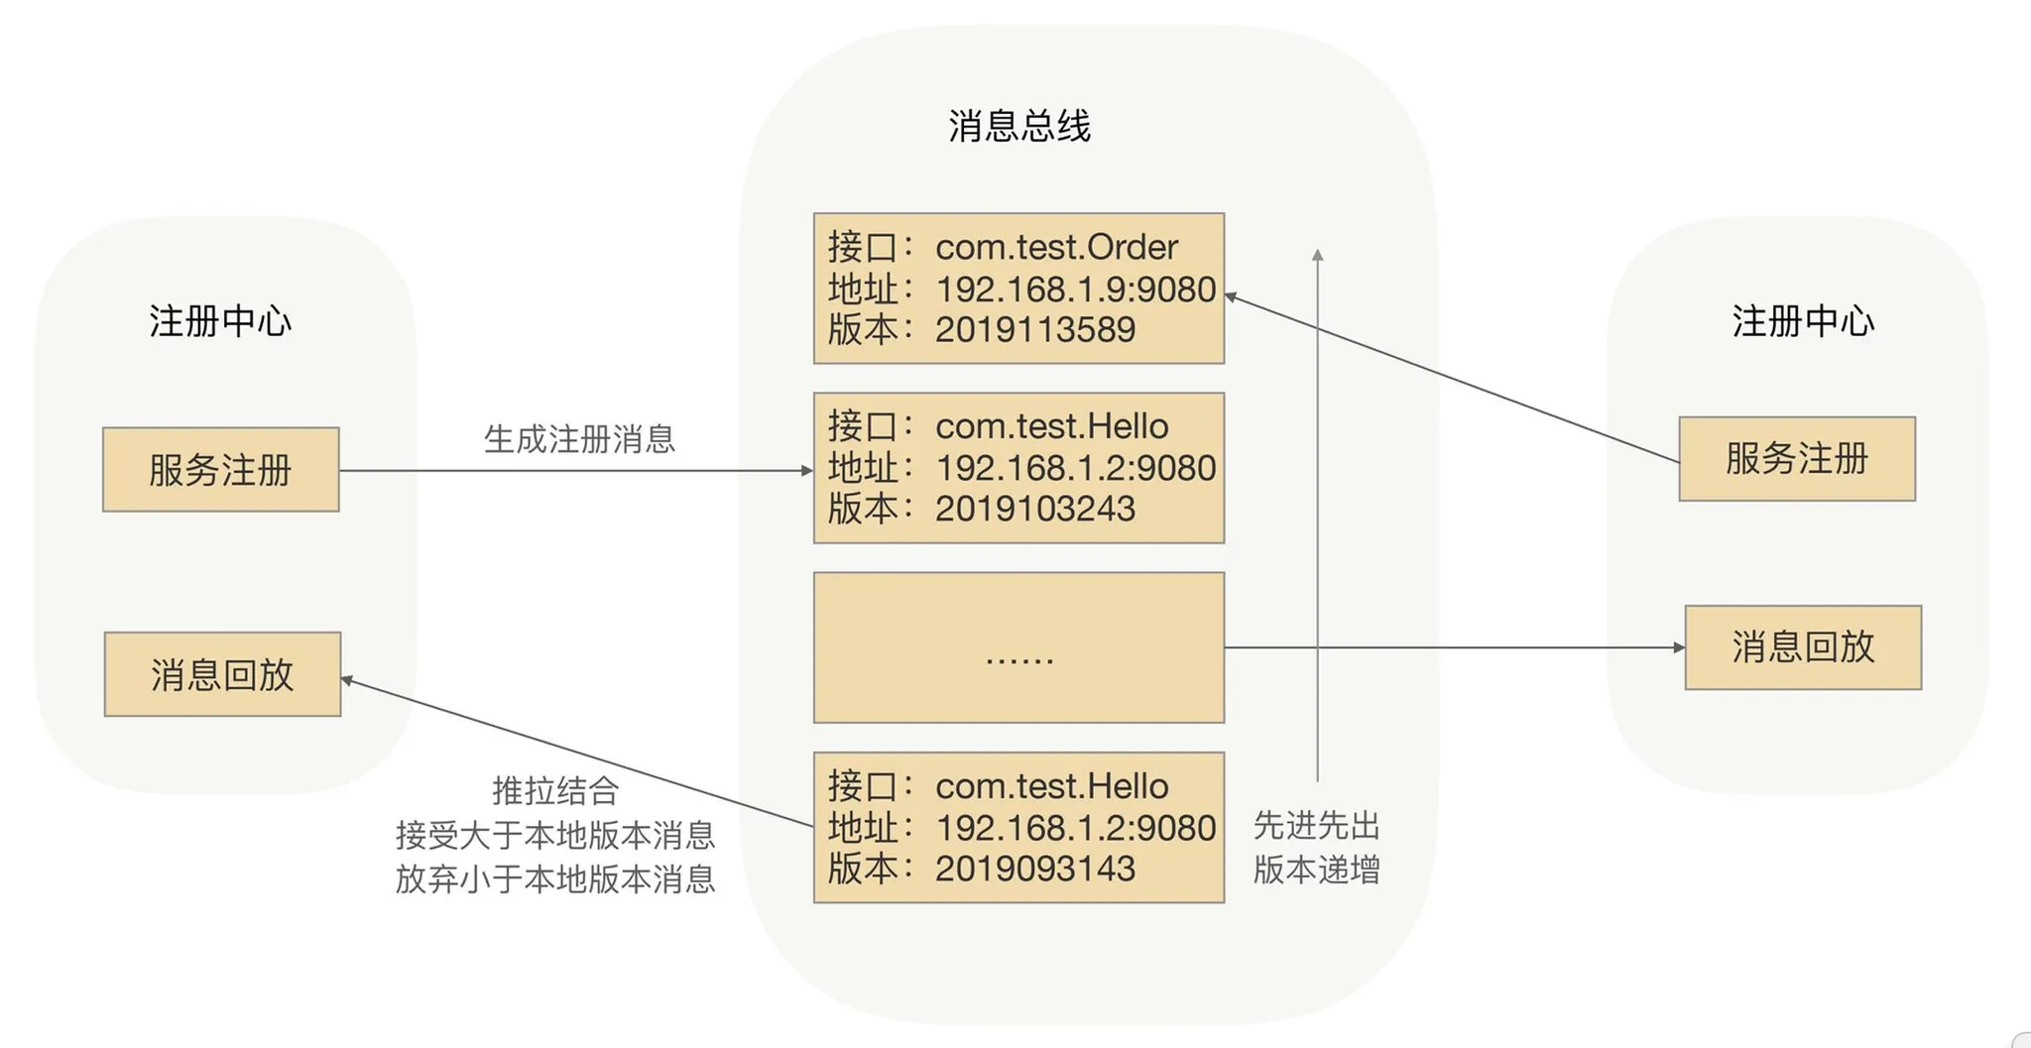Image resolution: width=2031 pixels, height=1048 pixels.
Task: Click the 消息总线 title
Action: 1018,127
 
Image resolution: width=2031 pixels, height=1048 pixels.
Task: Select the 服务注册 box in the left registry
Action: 220,470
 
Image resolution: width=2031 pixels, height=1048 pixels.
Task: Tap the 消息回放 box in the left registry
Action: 222,674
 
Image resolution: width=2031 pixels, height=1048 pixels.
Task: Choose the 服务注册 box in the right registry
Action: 1796,459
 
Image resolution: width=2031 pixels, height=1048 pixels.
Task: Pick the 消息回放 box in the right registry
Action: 1803,647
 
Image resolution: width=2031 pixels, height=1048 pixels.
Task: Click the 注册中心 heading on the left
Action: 220,321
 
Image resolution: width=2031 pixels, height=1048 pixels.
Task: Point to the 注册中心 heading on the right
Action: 1803,321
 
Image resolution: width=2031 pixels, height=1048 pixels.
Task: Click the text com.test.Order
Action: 1056,247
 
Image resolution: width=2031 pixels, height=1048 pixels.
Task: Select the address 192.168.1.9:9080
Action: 1075,289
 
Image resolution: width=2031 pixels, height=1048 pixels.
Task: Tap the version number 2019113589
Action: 1034,330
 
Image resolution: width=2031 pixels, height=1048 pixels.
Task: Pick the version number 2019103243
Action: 1034,509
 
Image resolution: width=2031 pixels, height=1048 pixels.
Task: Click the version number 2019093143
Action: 1034,869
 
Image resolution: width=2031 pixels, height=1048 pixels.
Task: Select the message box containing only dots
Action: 1018,647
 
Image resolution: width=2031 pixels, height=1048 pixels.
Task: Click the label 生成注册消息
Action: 579,439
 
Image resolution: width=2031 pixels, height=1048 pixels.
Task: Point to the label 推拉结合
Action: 555,791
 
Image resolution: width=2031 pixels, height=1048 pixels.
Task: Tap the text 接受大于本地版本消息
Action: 555,835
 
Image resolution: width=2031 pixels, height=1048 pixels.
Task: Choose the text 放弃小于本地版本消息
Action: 555,878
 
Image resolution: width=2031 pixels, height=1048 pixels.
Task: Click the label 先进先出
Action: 1317,825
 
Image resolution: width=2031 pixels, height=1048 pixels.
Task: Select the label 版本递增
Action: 1317,870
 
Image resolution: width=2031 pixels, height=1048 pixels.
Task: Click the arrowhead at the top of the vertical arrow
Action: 1317,255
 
